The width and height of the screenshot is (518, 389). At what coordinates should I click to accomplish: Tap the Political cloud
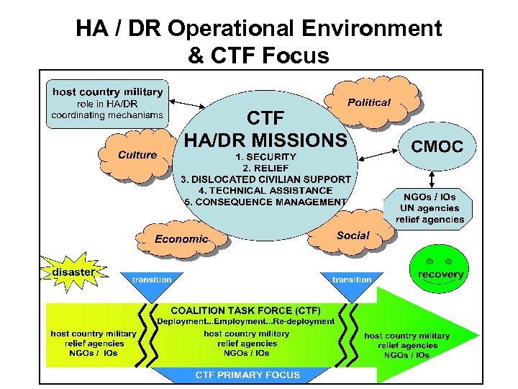(370, 102)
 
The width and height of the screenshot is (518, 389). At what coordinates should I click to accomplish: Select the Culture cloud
(137, 154)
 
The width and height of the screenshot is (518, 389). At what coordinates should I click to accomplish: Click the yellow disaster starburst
(72, 272)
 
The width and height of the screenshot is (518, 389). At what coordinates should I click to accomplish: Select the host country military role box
(107, 103)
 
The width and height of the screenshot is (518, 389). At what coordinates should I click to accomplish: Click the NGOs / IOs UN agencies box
(428, 207)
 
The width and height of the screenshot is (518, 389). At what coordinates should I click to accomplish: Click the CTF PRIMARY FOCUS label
(248, 375)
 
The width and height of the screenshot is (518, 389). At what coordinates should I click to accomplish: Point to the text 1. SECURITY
(265, 156)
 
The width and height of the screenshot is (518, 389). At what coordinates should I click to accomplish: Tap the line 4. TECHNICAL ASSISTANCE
(265, 190)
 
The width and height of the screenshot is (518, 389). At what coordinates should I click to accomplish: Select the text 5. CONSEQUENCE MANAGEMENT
(265, 202)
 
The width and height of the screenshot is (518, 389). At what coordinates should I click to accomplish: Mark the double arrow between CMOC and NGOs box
(432, 177)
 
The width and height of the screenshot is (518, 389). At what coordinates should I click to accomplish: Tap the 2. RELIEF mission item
(265, 167)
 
